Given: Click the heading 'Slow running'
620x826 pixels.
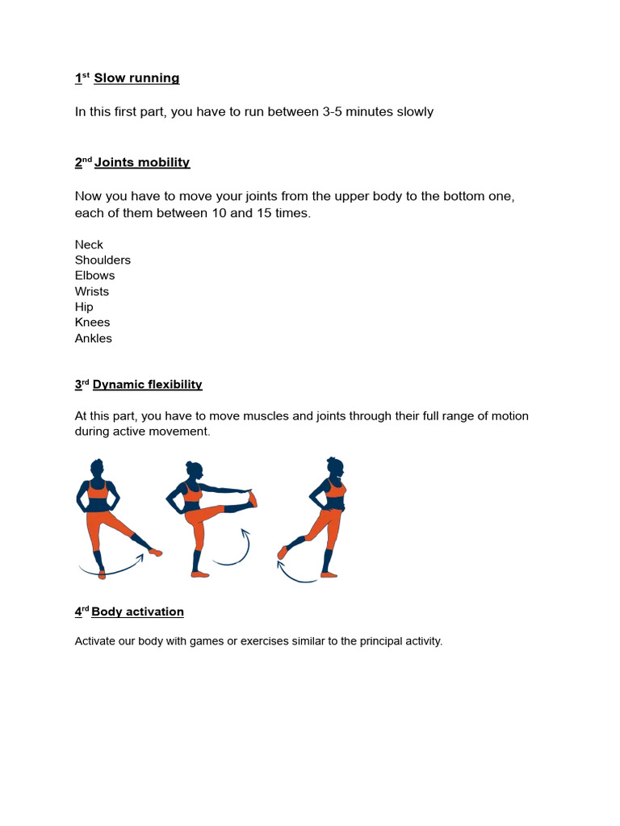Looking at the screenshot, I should pos(136,78).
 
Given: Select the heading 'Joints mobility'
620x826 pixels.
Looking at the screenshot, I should pos(142,162).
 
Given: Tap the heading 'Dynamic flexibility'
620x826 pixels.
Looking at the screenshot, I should pos(147,385).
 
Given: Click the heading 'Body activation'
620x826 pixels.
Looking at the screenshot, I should pos(137,611).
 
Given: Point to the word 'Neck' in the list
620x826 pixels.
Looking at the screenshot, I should pos(89,244).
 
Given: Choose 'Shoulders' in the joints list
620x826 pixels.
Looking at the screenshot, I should pos(103,260).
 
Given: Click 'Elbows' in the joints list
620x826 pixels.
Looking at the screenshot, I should pos(94,275).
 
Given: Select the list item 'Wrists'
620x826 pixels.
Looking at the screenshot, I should pos(92,291).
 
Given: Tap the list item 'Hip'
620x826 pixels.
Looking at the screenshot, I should pos(84,307).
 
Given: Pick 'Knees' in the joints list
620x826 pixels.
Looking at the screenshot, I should pos(92,322).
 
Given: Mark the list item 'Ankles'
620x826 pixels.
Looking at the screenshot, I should pos(94,338).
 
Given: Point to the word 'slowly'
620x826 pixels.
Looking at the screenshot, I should pos(415,111).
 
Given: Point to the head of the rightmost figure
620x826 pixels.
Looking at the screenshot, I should pos(335,466).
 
